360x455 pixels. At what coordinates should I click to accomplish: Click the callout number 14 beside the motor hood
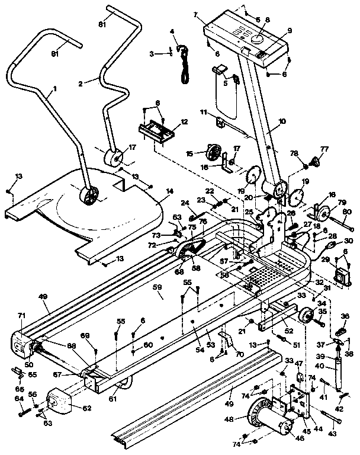pos(170,191)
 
